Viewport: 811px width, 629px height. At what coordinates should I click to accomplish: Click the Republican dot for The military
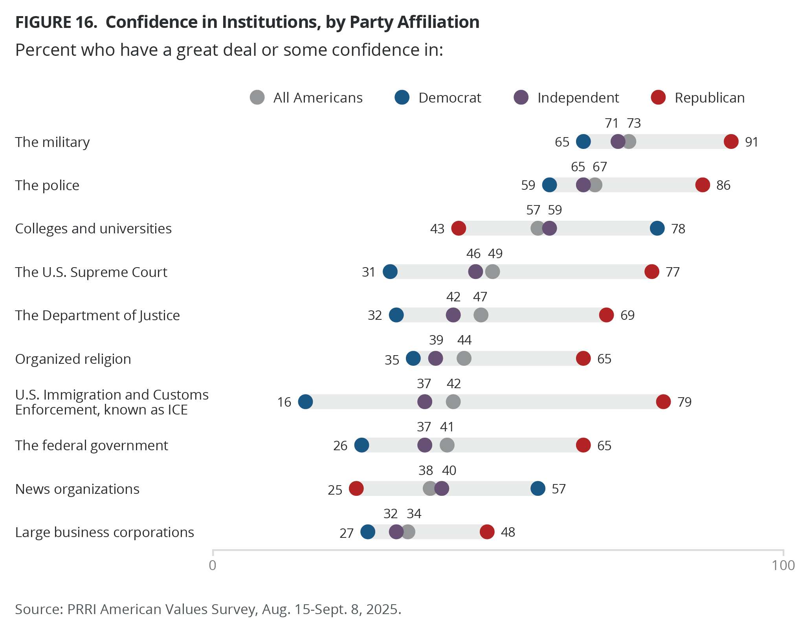coord(731,141)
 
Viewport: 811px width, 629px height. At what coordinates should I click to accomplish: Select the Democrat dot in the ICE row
coord(305,402)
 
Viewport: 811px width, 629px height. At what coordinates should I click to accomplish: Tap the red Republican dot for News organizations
coord(356,489)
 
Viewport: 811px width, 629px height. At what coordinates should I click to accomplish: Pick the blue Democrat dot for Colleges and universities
coord(657,228)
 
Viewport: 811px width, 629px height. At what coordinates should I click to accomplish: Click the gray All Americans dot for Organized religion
coord(464,358)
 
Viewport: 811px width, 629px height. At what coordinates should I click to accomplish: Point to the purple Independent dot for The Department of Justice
coord(453,315)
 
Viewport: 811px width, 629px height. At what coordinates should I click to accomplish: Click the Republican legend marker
coord(658,97)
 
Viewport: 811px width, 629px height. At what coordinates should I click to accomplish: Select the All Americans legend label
coord(318,98)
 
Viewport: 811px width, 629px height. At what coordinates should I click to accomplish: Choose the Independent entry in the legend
coord(578,98)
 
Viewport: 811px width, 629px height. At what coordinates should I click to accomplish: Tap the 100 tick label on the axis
coord(783,565)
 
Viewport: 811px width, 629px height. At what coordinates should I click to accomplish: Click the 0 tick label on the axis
coord(213,565)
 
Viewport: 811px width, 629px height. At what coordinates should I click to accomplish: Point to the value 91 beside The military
coord(751,142)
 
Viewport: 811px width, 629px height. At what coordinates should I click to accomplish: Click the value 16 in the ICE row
coord(284,402)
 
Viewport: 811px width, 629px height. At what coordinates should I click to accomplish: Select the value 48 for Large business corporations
coord(508,532)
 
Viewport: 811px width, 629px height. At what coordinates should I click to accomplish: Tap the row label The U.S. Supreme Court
coord(91,272)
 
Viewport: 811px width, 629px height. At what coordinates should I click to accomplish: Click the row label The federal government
coord(92,446)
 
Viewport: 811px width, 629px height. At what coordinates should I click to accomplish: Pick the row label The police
coord(47,185)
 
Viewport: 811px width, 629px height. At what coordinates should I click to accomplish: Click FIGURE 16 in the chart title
coord(56,22)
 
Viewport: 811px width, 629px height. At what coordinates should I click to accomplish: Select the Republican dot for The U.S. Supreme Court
coord(651,271)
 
